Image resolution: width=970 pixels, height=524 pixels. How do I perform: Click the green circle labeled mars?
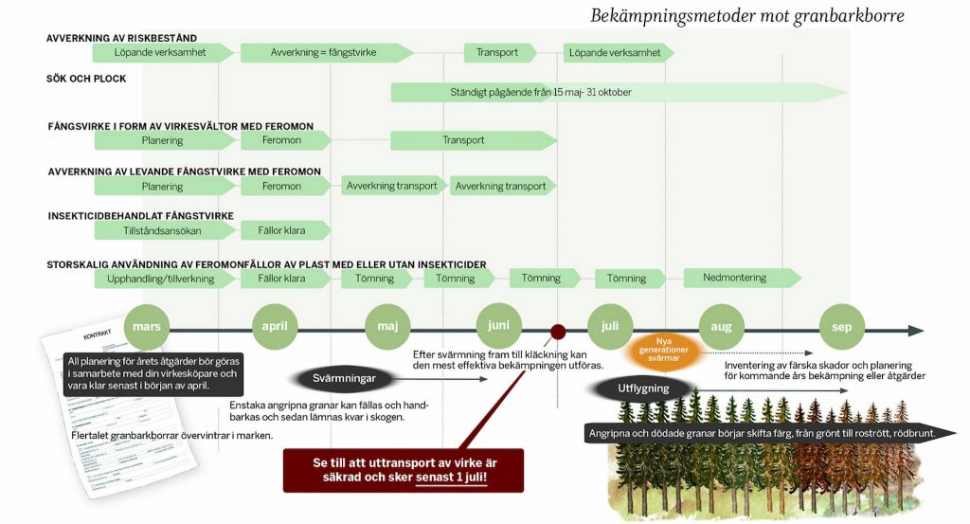point(147,327)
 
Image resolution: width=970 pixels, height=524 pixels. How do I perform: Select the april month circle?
point(276,327)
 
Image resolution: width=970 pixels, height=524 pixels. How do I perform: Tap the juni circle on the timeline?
point(498,326)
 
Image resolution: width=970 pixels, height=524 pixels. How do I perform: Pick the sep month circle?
point(841,327)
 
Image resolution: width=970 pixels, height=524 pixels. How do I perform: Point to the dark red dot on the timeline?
point(558,332)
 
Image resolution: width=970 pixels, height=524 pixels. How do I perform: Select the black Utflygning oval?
point(643,388)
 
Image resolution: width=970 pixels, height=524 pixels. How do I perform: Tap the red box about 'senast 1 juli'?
point(403,469)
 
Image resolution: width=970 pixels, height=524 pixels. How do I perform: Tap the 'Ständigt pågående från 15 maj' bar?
point(616,93)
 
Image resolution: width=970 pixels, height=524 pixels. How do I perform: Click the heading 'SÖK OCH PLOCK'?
point(85,79)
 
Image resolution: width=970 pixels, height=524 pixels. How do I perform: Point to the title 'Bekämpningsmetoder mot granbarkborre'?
point(746,15)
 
